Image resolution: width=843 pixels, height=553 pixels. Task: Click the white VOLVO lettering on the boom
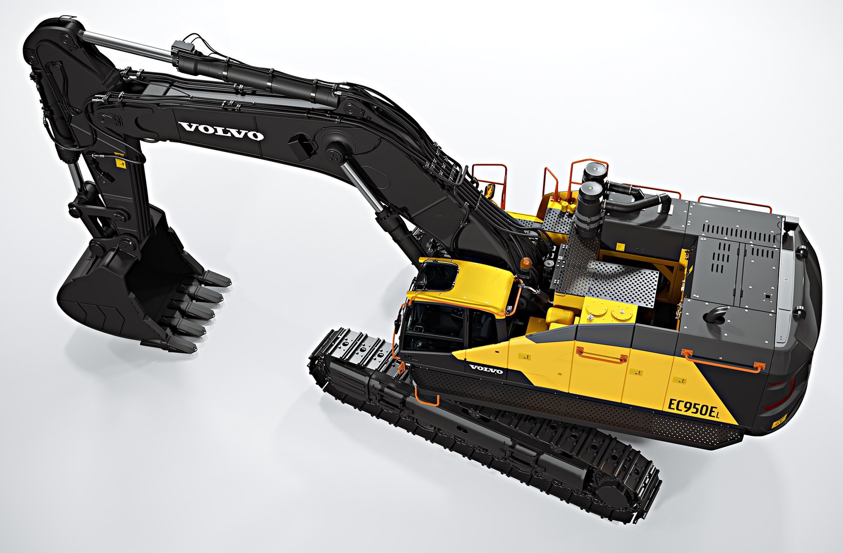(x=221, y=132)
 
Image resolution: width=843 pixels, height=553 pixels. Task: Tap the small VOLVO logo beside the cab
(x=486, y=369)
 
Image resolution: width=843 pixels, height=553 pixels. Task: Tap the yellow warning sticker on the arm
(x=121, y=164)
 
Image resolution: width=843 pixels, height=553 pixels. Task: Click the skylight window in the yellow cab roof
(x=437, y=277)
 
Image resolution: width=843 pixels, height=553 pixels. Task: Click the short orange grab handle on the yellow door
(x=602, y=354)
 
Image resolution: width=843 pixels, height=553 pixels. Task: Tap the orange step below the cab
(x=427, y=397)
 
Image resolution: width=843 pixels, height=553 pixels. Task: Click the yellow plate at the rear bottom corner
(x=780, y=423)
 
